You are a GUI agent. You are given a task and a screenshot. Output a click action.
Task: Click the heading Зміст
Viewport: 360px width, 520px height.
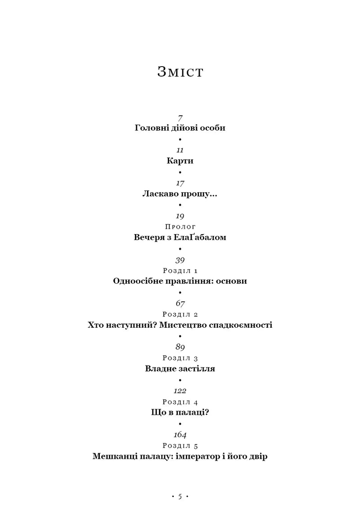(180, 72)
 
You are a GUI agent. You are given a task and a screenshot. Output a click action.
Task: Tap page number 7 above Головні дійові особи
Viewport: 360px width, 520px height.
(180, 118)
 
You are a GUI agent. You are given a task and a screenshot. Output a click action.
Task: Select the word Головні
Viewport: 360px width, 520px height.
(152, 128)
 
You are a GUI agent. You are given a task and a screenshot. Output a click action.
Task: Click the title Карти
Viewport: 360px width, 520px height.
(180, 161)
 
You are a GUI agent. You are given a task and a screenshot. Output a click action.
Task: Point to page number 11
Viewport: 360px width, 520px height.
(180, 150)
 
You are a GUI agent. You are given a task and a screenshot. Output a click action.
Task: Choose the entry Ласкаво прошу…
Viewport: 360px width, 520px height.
(180, 194)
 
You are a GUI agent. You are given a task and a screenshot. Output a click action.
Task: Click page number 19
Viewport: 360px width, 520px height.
(180, 216)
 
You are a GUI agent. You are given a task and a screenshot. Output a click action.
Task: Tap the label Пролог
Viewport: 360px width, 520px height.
(180, 227)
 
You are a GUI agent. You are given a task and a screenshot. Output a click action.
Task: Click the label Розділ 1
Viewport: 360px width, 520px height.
(180, 271)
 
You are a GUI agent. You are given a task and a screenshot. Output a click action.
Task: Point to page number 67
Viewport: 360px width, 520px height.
(180, 303)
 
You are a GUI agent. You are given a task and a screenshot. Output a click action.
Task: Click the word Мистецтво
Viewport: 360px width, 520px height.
(183, 325)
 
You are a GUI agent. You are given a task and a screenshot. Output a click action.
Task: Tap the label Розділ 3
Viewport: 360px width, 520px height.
(180, 358)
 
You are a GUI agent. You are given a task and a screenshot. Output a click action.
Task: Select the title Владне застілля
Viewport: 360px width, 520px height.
(180, 368)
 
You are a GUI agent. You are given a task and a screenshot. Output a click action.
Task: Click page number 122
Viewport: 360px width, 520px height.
(180, 391)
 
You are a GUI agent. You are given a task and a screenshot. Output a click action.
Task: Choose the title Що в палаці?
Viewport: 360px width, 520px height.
(180, 412)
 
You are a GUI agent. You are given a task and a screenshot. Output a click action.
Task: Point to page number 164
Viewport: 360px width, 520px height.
(180, 434)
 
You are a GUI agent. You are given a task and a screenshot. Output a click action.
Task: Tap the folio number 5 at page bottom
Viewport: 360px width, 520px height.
(180, 497)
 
